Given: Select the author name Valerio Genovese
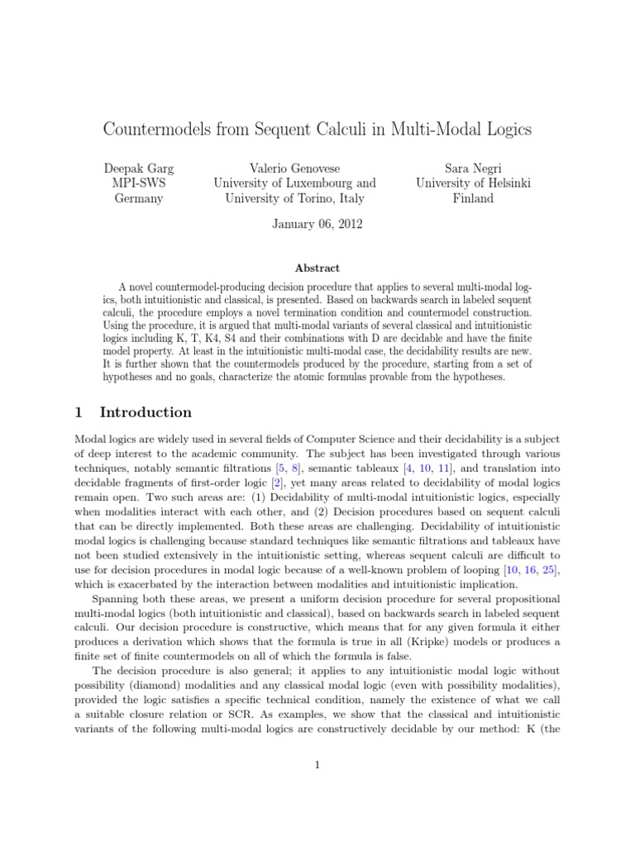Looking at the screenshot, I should (x=294, y=168).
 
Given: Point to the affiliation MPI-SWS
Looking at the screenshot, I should (x=138, y=183).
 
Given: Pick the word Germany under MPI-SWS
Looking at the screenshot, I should (x=138, y=198).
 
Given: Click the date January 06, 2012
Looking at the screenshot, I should (x=317, y=223).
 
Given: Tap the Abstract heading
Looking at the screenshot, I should (x=317, y=268).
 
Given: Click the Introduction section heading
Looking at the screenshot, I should (x=146, y=412).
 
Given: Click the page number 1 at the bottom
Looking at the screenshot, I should (x=317, y=765).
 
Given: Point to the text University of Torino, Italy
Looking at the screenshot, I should (x=294, y=198).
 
